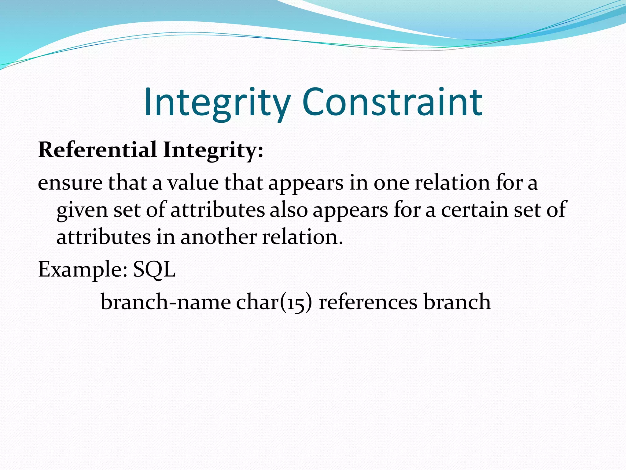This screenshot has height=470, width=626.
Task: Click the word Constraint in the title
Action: coord(392,103)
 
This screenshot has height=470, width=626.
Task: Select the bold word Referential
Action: coord(98,150)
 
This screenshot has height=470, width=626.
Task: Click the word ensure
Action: coord(70,183)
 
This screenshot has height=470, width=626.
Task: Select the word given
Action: coord(82,211)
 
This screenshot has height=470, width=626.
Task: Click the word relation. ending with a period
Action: coord(303,237)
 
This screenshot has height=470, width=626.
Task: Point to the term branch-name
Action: coord(166,302)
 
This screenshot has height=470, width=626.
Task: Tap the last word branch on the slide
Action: coord(457,302)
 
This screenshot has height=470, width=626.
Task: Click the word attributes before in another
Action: coord(104,237)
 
